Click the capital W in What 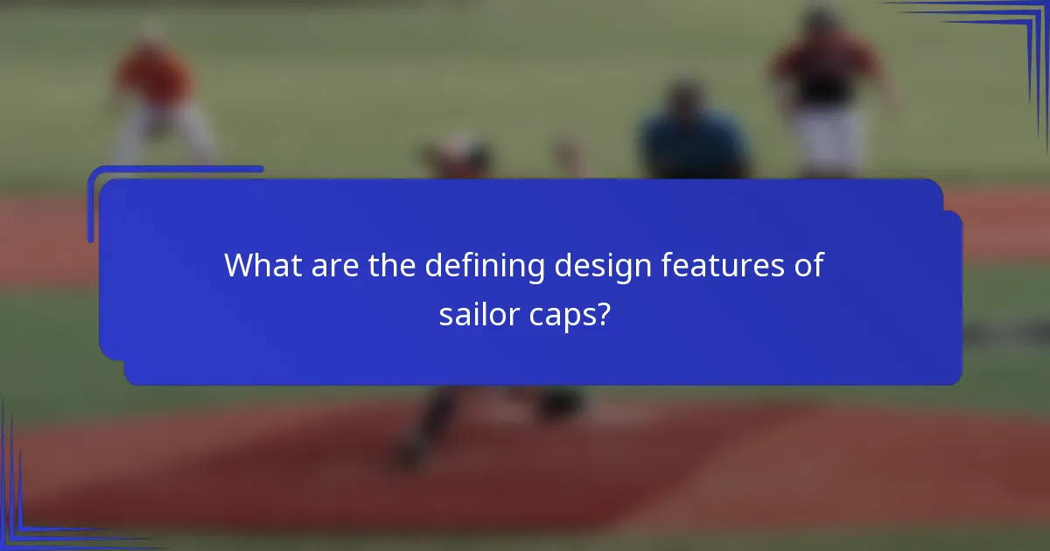(241, 265)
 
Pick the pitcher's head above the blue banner (458, 153)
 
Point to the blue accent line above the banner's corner (175, 169)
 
